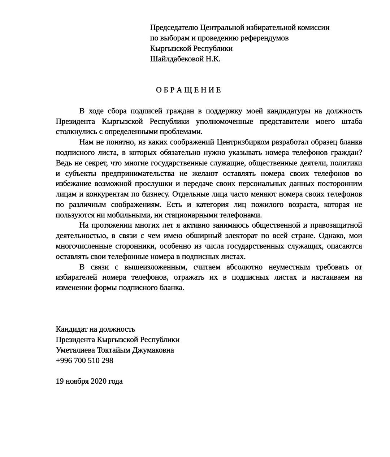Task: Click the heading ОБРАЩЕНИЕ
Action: (x=188, y=90)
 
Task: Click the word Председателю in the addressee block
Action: (x=174, y=28)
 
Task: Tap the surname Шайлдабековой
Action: (x=177, y=59)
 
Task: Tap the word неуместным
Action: (x=289, y=267)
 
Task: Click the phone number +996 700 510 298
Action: (x=84, y=361)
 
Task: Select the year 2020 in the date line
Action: (x=99, y=381)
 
